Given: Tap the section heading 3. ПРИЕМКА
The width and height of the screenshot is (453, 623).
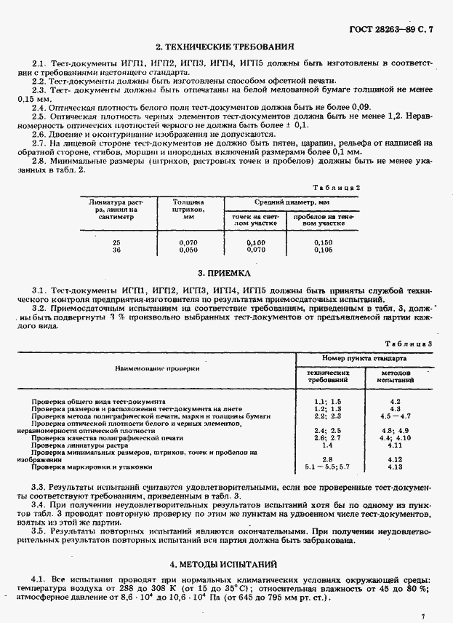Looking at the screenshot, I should (x=226, y=274).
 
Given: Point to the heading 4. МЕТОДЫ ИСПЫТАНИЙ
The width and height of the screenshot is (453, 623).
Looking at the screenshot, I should (x=226, y=564).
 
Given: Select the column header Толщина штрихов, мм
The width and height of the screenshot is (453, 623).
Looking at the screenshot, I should (x=188, y=209).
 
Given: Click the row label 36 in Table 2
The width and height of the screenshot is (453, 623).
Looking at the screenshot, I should (x=117, y=250).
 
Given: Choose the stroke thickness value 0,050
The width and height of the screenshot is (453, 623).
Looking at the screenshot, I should (x=188, y=250).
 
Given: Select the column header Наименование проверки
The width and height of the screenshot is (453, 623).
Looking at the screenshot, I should (x=157, y=368).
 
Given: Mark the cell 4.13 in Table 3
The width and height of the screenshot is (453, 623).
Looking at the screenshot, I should (x=396, y=467).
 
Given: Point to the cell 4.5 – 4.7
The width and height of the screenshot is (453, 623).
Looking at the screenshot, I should (x=396, y=416).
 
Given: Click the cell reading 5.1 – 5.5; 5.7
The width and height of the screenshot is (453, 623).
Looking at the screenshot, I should (x=328, y=467).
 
